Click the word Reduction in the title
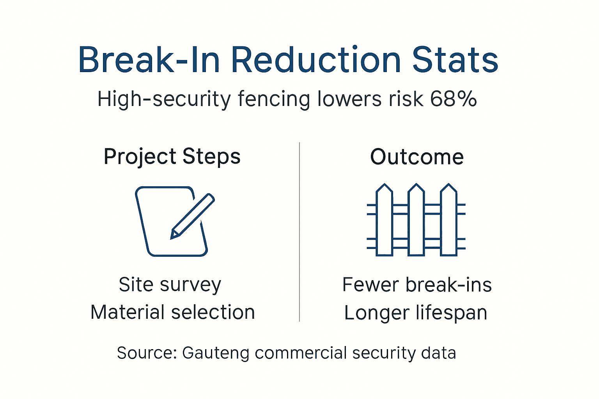(316, 60)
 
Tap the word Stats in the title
(455, 60)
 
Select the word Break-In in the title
(149, 60)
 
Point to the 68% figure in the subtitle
(454, 99)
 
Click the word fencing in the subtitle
(274, 99)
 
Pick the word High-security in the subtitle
(164, 99)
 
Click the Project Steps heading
(172, 157)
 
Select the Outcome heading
(417, 157)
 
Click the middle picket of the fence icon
(416, 220)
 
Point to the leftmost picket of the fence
(384, 220)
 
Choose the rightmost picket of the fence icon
(448, 220)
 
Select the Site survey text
(170, 285)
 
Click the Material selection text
(172, 312)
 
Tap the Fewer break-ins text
(417, 285)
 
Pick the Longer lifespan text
(416, 313)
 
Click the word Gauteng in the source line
(216, 353)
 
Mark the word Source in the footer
(147, 353)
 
